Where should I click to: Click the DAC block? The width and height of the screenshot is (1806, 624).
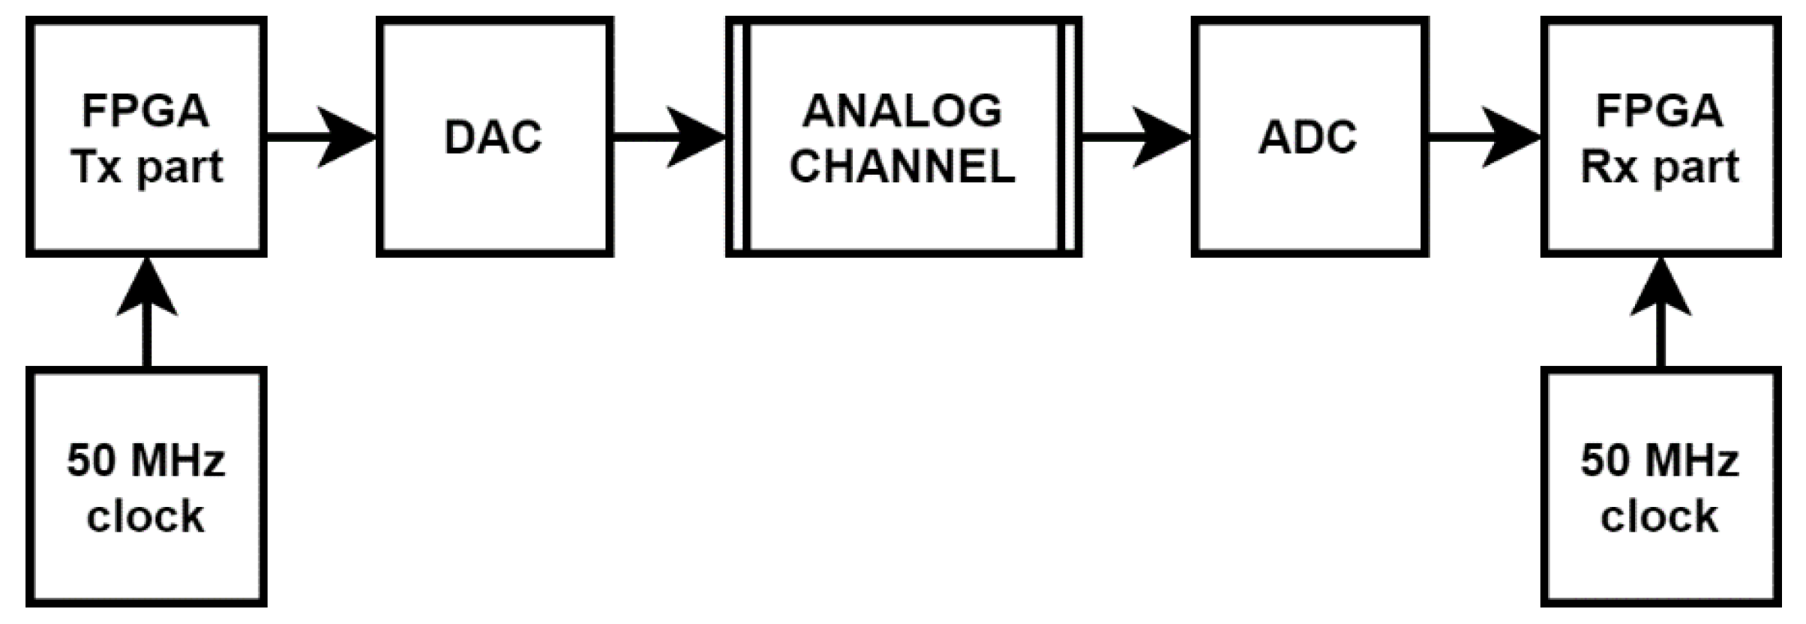pos(494,137)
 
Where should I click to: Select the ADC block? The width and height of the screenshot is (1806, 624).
pos(1309,137)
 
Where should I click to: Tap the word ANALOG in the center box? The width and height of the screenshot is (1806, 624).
pos(902,111)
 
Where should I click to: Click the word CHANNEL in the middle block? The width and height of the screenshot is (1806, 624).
pos(902,166)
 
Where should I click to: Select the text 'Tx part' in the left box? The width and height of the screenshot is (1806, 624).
pos(148,166)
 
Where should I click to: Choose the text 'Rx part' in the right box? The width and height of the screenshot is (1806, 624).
pos(1660,166)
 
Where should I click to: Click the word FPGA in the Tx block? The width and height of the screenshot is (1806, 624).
pos(146,111)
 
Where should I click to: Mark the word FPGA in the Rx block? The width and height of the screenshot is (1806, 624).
pos(1660,111)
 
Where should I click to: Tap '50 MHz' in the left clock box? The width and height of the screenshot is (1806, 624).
pos(146,460)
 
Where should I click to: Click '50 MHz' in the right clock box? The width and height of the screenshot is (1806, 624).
pos(1660,460)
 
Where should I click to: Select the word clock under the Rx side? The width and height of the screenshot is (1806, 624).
pos(1659,516)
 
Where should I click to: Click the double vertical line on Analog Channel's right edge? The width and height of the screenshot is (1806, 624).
pos(1069,137)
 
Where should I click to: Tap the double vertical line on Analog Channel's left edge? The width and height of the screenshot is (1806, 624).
pos(739,137)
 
